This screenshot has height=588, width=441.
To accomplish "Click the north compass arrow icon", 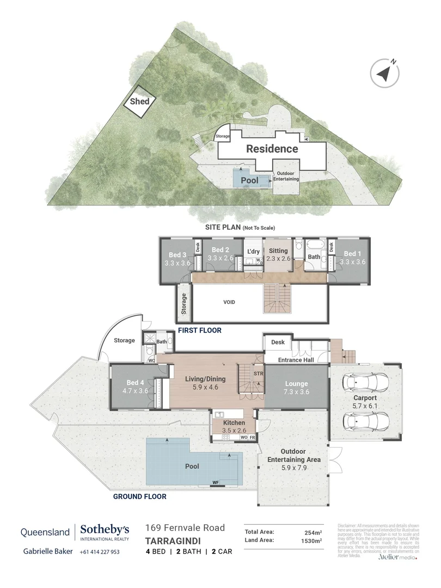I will [386, 72].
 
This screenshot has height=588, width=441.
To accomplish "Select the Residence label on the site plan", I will [272, 149].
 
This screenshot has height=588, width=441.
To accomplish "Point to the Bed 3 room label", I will [177, 254].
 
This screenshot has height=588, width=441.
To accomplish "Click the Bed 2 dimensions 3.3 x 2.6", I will [219, 259].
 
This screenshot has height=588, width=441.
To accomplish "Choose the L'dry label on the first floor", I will [253, 251].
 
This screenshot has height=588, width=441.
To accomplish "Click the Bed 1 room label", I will [352, 254].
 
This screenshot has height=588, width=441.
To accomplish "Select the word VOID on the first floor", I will [229, 302].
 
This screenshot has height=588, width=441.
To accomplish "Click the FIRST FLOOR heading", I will [199, 330].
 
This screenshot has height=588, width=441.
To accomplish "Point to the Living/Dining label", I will [205, 379].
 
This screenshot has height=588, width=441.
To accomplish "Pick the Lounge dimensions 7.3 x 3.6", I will [296, 392].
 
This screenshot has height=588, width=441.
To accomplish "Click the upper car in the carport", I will [366, 383].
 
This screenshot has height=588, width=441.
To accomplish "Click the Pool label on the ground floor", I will [192, 466].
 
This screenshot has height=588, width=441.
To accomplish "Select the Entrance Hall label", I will [297, 360].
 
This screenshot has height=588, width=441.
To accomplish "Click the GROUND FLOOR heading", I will [139, 497].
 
